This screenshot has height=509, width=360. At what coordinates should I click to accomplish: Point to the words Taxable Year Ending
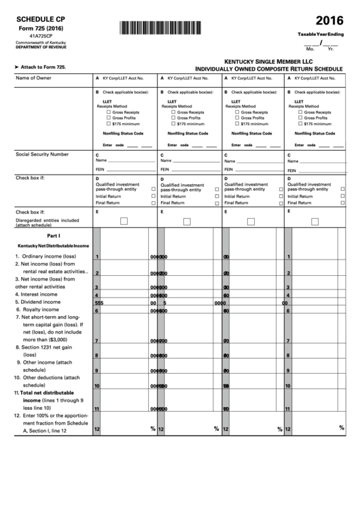tap(321, 34)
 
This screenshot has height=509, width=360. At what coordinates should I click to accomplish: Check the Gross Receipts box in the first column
tap(108, 111)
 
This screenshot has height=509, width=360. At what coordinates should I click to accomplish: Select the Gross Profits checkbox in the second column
tap(172, 118)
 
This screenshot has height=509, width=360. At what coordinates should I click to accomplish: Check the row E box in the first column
tap(124, 221)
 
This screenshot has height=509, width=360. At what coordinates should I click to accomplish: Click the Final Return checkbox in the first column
tap(154, 203)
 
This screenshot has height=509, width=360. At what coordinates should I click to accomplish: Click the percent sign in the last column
tap(341, 427)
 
